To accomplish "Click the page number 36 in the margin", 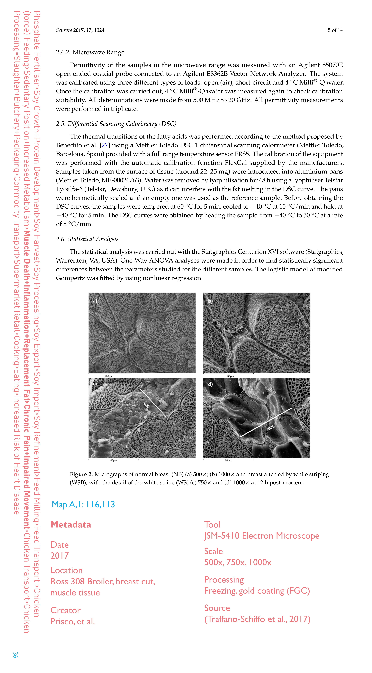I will (15, 655).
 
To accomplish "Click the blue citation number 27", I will (105, 145).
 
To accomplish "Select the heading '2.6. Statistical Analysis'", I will (87, 239).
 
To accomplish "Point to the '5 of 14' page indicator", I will (335, 30).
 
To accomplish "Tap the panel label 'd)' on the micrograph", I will (210, 384).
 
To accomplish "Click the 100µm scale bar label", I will (108, 376).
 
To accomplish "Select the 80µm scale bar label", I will (113, 460).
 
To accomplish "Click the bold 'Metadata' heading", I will (71, 525).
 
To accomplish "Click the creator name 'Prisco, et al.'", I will (73, 621).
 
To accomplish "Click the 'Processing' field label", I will (224, 579).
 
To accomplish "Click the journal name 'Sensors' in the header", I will (64, 30).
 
